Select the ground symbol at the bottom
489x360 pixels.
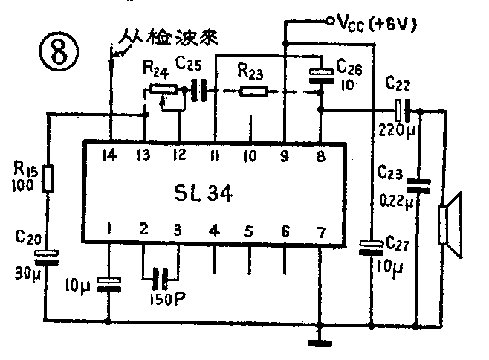point(320,343)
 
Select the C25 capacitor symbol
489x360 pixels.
point(197,91)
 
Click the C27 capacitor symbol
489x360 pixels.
point(369,247)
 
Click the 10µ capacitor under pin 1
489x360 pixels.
point(110,282)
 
